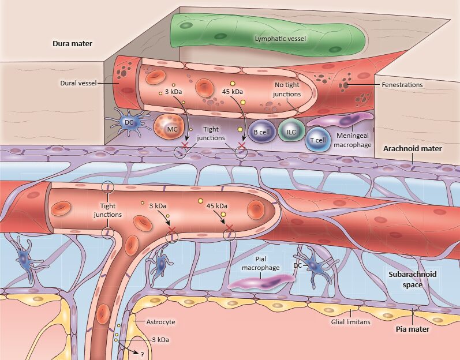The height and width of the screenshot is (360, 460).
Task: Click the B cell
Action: click(262, 132)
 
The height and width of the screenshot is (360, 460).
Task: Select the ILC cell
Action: click(291, 132)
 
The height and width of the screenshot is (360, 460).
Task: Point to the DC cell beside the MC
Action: click(129, 122)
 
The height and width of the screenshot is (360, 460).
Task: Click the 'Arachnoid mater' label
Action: click(412, 149)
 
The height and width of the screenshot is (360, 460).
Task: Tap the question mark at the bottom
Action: click(141, 354)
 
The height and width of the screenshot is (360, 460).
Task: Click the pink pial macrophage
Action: click(261, 282)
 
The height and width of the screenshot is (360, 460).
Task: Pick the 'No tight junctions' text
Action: click(287, 90)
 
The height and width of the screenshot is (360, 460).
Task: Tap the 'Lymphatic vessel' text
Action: click(279, 39)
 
